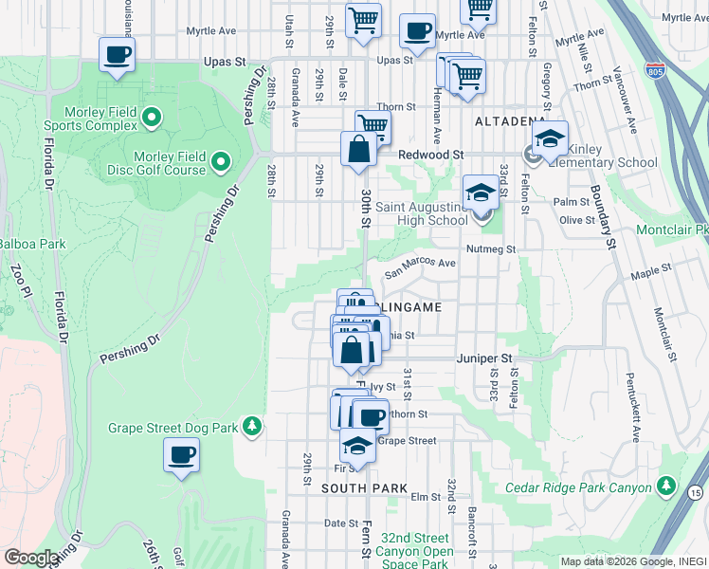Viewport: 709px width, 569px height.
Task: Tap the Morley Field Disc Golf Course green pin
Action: pyautogui.click(x=221, y=162)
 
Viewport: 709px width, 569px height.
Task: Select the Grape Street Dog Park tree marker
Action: pyautogui.click(x=251, y=427)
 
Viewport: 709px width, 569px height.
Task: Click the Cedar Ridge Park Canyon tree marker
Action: pyautogui.click(x=667, y=487)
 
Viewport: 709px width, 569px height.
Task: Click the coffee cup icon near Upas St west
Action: pyautogui.click(x=117, y=55)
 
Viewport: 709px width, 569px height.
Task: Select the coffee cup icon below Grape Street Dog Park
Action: pyautogui.click(x=181, y=455)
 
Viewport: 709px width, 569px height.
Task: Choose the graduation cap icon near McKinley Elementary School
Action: pyautogui.click(x=550, y=138)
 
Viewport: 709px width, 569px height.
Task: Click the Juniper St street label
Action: pyautogui.click(x=483, y=358)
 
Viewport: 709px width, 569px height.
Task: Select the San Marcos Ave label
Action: pyautogui.click(x=420, y=265)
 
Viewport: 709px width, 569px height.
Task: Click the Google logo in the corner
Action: pyautogui.click(x=32, y=558)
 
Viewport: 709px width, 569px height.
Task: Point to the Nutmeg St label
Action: pyautogui.click(x=494, y=249)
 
